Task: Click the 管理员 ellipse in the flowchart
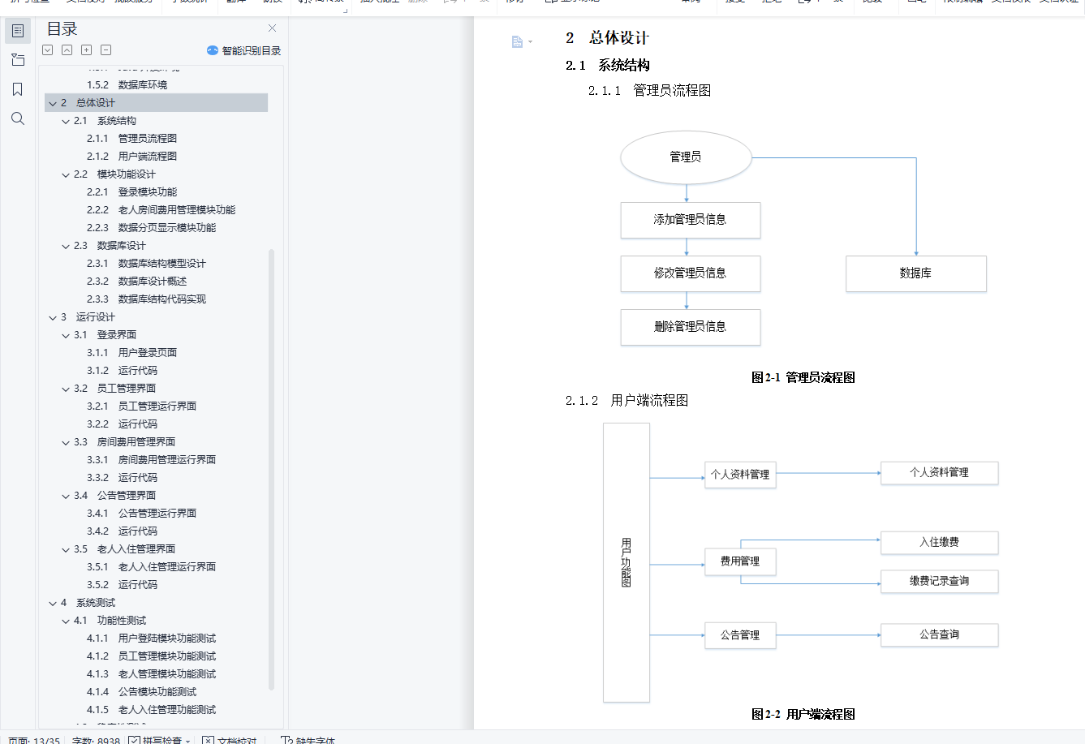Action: click(x=686, y=157)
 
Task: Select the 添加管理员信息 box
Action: click(x=690, y=220)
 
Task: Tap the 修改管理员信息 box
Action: click(x=690, y=273)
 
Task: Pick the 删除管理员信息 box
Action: click(x=690, y=327)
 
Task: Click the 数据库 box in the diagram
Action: click(x=915, y=273)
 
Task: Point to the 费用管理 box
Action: click(x=740, y=561)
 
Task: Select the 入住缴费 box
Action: click(x=939, y=543)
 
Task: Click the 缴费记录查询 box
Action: click(x=939, y=582)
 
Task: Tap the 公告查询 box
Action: click(x=939, y=635)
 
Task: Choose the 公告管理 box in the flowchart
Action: click(x=740, y=635)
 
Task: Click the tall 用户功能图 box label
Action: click(x=626, y=561)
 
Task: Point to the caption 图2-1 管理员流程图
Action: click(x=803, y=377)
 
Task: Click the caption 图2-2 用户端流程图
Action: click(x=803, y=715)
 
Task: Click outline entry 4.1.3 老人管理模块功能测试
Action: click(x=166, y=674)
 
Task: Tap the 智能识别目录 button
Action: click(x=244, y=50)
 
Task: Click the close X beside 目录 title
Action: click(x=272, y=28)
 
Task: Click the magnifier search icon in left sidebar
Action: click(x=18, y=119)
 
